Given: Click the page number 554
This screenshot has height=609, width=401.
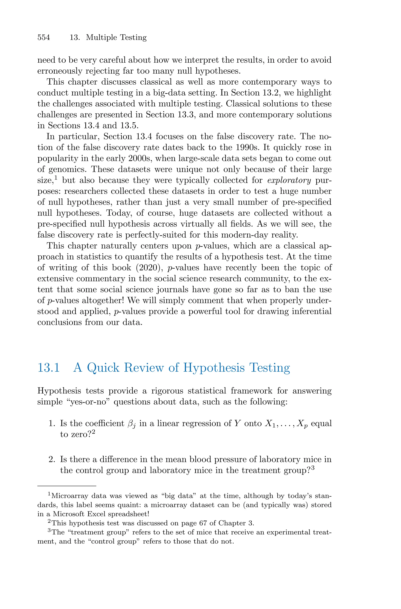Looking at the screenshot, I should click(x=43, y=38).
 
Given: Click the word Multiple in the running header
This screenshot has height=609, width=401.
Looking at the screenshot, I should click(x=102, y=38).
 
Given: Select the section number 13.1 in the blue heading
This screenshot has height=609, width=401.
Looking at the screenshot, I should click(x=48, y=368).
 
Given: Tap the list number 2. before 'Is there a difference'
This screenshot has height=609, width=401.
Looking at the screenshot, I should click(x=52, y=459).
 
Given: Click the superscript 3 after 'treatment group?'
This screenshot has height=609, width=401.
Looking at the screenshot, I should click(x=312, y=468).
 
